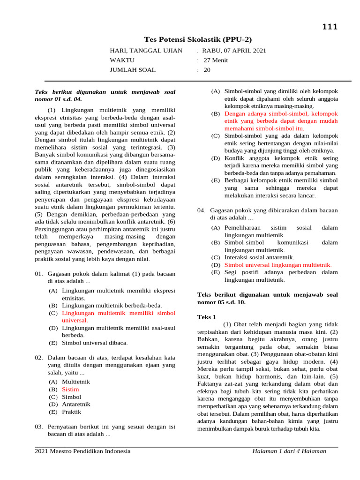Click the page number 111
coord(329,27)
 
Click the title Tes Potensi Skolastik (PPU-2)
coord(201,39)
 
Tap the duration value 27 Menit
coord(216,60)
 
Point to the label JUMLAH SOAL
coord(133,70)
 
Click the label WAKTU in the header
coord(122,60)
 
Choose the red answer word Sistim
coord(70,389)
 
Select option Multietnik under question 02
coord(75,382)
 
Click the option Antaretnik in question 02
coord(76,404)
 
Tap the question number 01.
coord(39,273)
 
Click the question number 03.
coord(39,427)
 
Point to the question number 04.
coord(202,210)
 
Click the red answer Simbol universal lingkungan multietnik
coord(278,265)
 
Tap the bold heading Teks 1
coord(207,317)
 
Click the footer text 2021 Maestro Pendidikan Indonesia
coord(83,451)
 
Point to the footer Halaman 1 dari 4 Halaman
coord(289,451)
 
